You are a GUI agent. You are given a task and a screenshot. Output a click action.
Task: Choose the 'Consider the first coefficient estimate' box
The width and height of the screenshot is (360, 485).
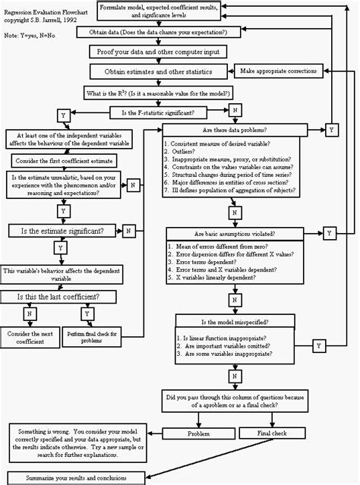click(62, 161)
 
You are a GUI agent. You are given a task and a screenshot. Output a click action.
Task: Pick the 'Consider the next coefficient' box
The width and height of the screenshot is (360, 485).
click(29, 337)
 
